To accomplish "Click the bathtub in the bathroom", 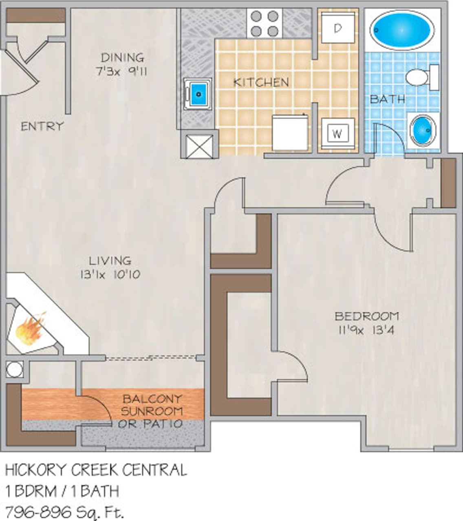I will point(401,30).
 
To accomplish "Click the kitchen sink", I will point(198,93).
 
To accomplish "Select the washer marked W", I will point(337,134).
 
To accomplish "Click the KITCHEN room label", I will point(261,82).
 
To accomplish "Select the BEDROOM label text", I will point(366,316).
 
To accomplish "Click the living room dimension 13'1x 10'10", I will point(110,274).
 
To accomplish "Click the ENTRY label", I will point(42,126).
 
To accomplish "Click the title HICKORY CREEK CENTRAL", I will point(96,470).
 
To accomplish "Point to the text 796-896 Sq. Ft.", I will point(64,511).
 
